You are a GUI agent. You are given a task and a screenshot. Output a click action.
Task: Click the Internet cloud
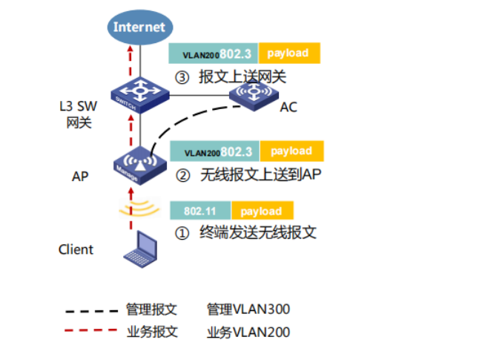point(139,27)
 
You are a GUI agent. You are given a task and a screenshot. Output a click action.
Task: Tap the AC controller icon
point(253,95)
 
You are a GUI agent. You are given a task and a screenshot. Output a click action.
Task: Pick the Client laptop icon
point(142,249)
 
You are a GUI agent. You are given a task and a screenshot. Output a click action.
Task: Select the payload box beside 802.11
point(262,211)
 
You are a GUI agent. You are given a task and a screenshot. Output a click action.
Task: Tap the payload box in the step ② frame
point(291,151)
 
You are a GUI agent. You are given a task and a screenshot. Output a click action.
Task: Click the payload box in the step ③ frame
point(288,53)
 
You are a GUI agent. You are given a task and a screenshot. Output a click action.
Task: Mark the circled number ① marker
point(182,233)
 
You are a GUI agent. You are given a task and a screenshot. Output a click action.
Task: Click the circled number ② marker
point(182,176)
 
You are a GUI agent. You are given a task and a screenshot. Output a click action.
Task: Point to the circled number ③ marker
point(182,77)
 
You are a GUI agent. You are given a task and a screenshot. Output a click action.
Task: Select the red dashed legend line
point(91,332)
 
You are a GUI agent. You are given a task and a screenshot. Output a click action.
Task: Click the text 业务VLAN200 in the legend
point(248,332)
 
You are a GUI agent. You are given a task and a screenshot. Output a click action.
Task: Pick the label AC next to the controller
point(288,108)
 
